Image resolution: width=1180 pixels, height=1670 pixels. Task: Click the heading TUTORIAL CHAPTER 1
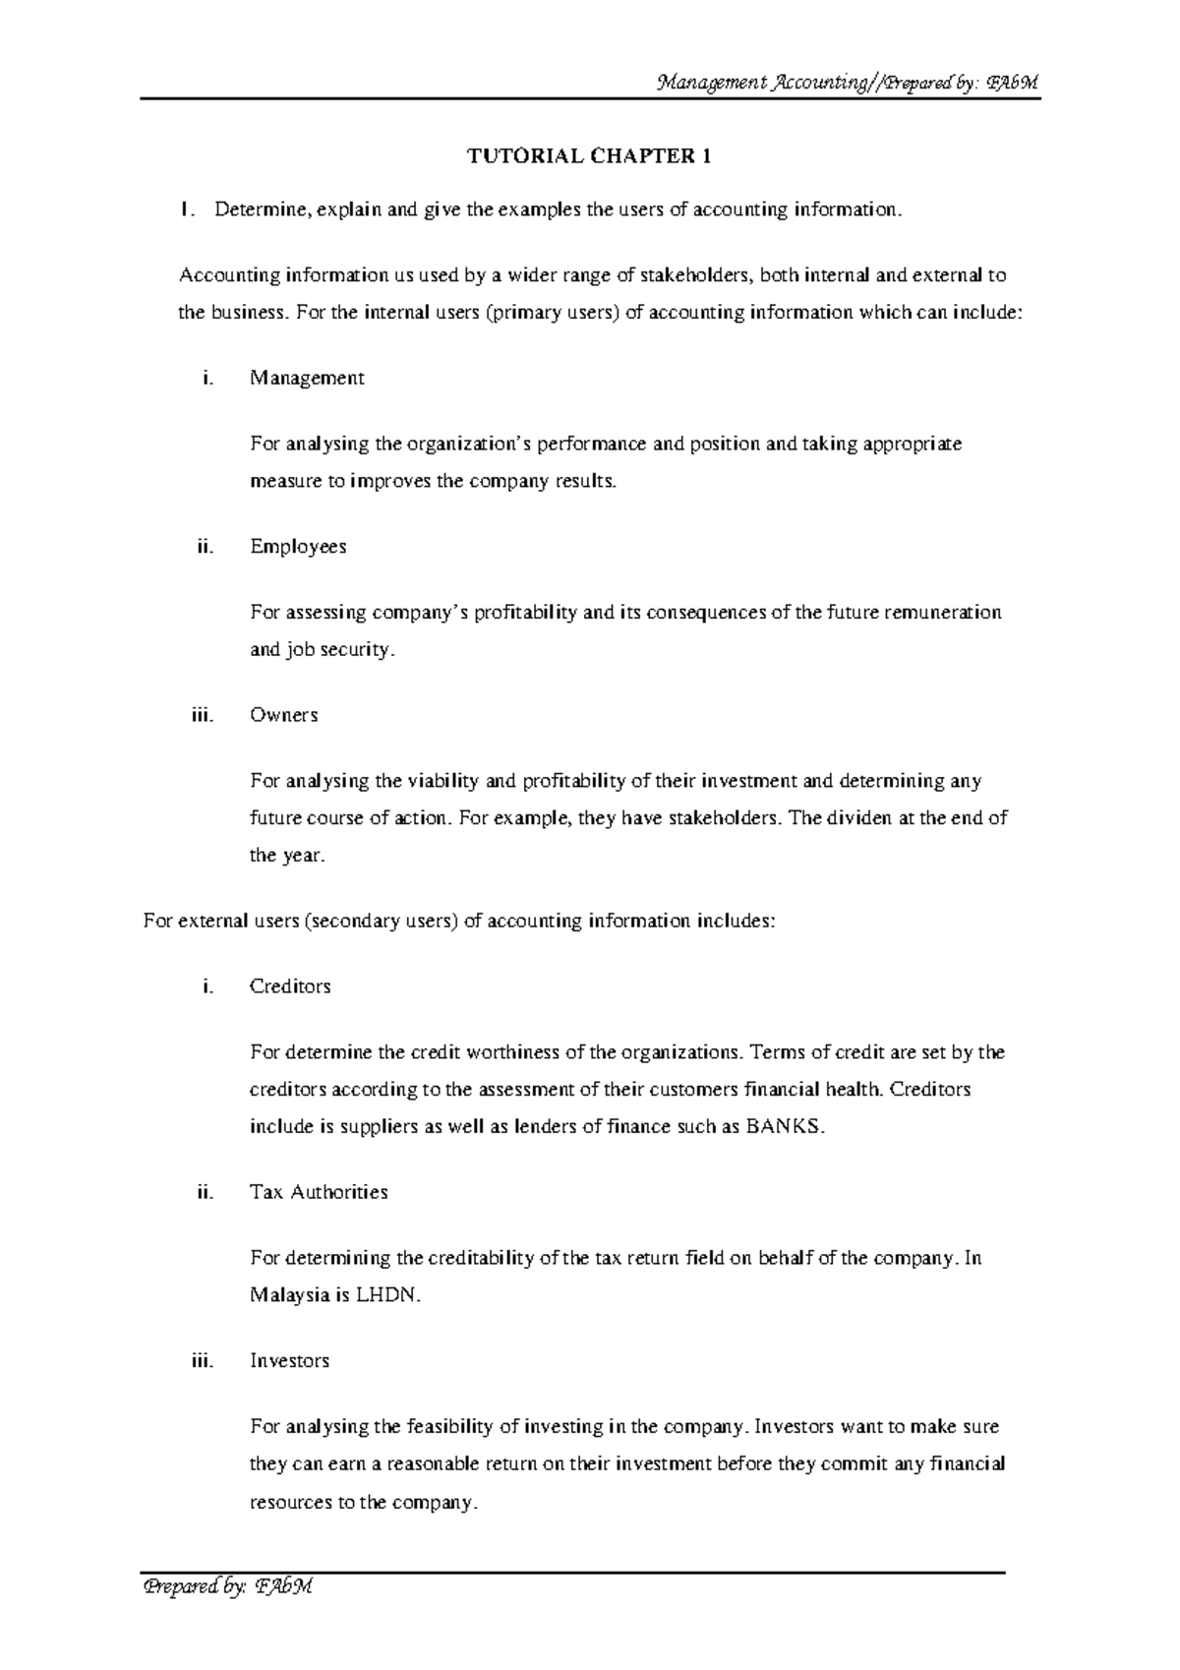coord(588,156)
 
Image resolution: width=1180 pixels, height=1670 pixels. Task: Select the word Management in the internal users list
coord(307,379)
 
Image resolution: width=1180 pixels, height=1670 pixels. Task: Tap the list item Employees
coord(298,547)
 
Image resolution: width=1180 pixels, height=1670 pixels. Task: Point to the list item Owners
coord(283,715)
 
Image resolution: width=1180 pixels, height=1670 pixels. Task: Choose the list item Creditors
coord(290,986)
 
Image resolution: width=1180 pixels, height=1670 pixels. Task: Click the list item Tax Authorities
coord(319,1192)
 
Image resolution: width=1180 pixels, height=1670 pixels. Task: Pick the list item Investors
coord(289,1361)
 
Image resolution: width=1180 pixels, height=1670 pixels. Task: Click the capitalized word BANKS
coord(782,1127)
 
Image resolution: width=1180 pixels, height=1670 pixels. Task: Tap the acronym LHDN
coord(388,1295)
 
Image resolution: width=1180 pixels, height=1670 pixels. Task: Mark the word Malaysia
coord(290,1295)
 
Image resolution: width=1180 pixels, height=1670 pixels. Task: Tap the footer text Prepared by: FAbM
coord(227,1586)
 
